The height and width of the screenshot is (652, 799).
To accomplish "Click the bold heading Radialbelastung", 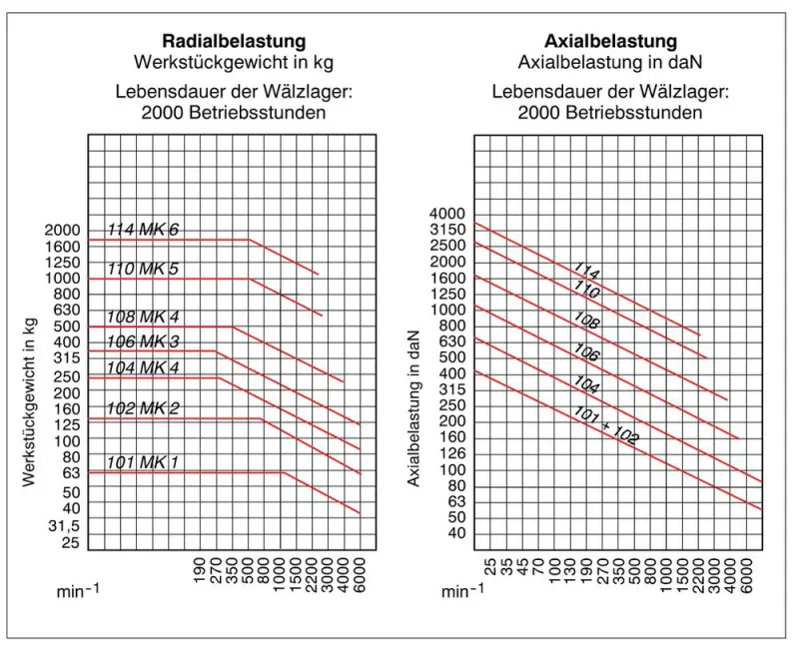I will coord(235,41).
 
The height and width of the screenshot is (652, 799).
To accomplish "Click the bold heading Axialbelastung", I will coord(610,41).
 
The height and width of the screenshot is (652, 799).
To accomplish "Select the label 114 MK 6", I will coord(143,230).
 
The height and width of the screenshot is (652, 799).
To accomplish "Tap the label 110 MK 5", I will coord(143,269).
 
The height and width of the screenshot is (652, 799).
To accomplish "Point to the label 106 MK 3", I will coord(143,342).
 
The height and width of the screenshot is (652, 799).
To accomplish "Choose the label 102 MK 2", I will coord(143,407).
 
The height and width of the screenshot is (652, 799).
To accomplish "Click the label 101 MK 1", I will coord(143,462).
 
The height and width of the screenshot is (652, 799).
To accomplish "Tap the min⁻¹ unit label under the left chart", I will coord(77,591).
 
